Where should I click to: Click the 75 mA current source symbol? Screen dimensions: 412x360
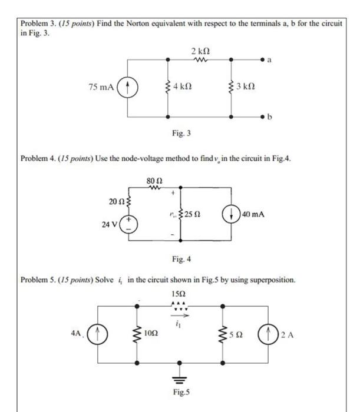(x=124, y=88)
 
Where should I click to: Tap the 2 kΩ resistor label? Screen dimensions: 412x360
(x=198, y=50)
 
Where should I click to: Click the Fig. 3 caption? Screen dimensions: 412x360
(x=181, y=134)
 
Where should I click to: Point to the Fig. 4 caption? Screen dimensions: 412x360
(x=181, y=258)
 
